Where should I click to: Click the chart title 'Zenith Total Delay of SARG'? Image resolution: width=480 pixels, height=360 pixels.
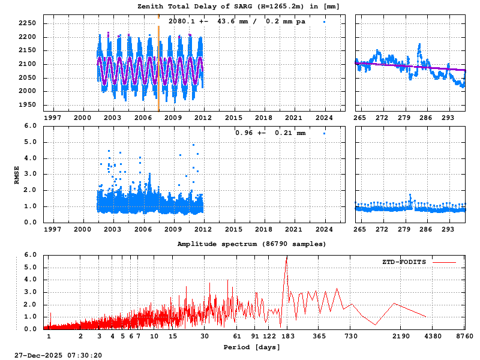pyautogui.click(x=239, y=6)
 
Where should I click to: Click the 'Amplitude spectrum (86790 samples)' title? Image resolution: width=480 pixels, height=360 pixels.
pyautogui.click(x=251, y=244)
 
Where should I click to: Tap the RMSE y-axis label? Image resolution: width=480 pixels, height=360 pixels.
pyautogui.click(x=17, y=175)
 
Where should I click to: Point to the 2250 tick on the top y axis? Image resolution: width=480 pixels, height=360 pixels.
pyautogui.click(x=27, y=23)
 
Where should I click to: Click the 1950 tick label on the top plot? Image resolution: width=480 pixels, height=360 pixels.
pyautogui.click(x=27, y=105)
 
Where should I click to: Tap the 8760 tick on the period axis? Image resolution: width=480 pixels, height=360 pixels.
pyautogui.click(x=465, y=336)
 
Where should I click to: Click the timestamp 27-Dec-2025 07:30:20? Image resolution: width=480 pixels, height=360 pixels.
pyautogui.click(x=58, y=355)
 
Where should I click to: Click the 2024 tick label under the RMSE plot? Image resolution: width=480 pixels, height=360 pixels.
pyautogui.click(x=324, y=229)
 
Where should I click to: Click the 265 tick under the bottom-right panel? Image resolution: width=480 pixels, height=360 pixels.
pyautogui.click(x=360, y=229)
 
